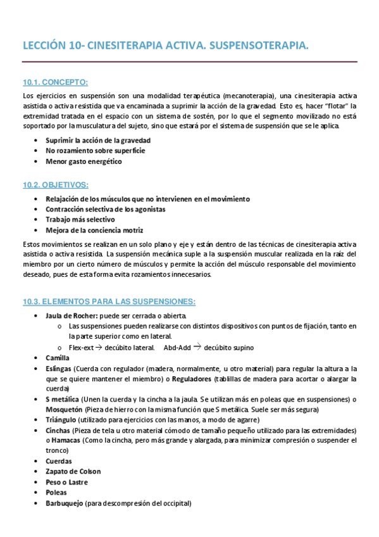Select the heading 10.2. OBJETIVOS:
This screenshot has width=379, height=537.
point(56,185)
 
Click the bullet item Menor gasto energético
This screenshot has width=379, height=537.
point(84,161)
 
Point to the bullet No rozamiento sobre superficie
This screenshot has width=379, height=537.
point(95,151)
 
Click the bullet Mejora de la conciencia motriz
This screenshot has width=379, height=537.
point(94,230)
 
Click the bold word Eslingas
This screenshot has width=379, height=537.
point(58,368)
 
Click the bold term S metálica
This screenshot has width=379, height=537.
point(62,399)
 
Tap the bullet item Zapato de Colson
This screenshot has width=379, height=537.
point(73,472)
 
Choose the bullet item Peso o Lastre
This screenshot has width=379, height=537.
point(66,482)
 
